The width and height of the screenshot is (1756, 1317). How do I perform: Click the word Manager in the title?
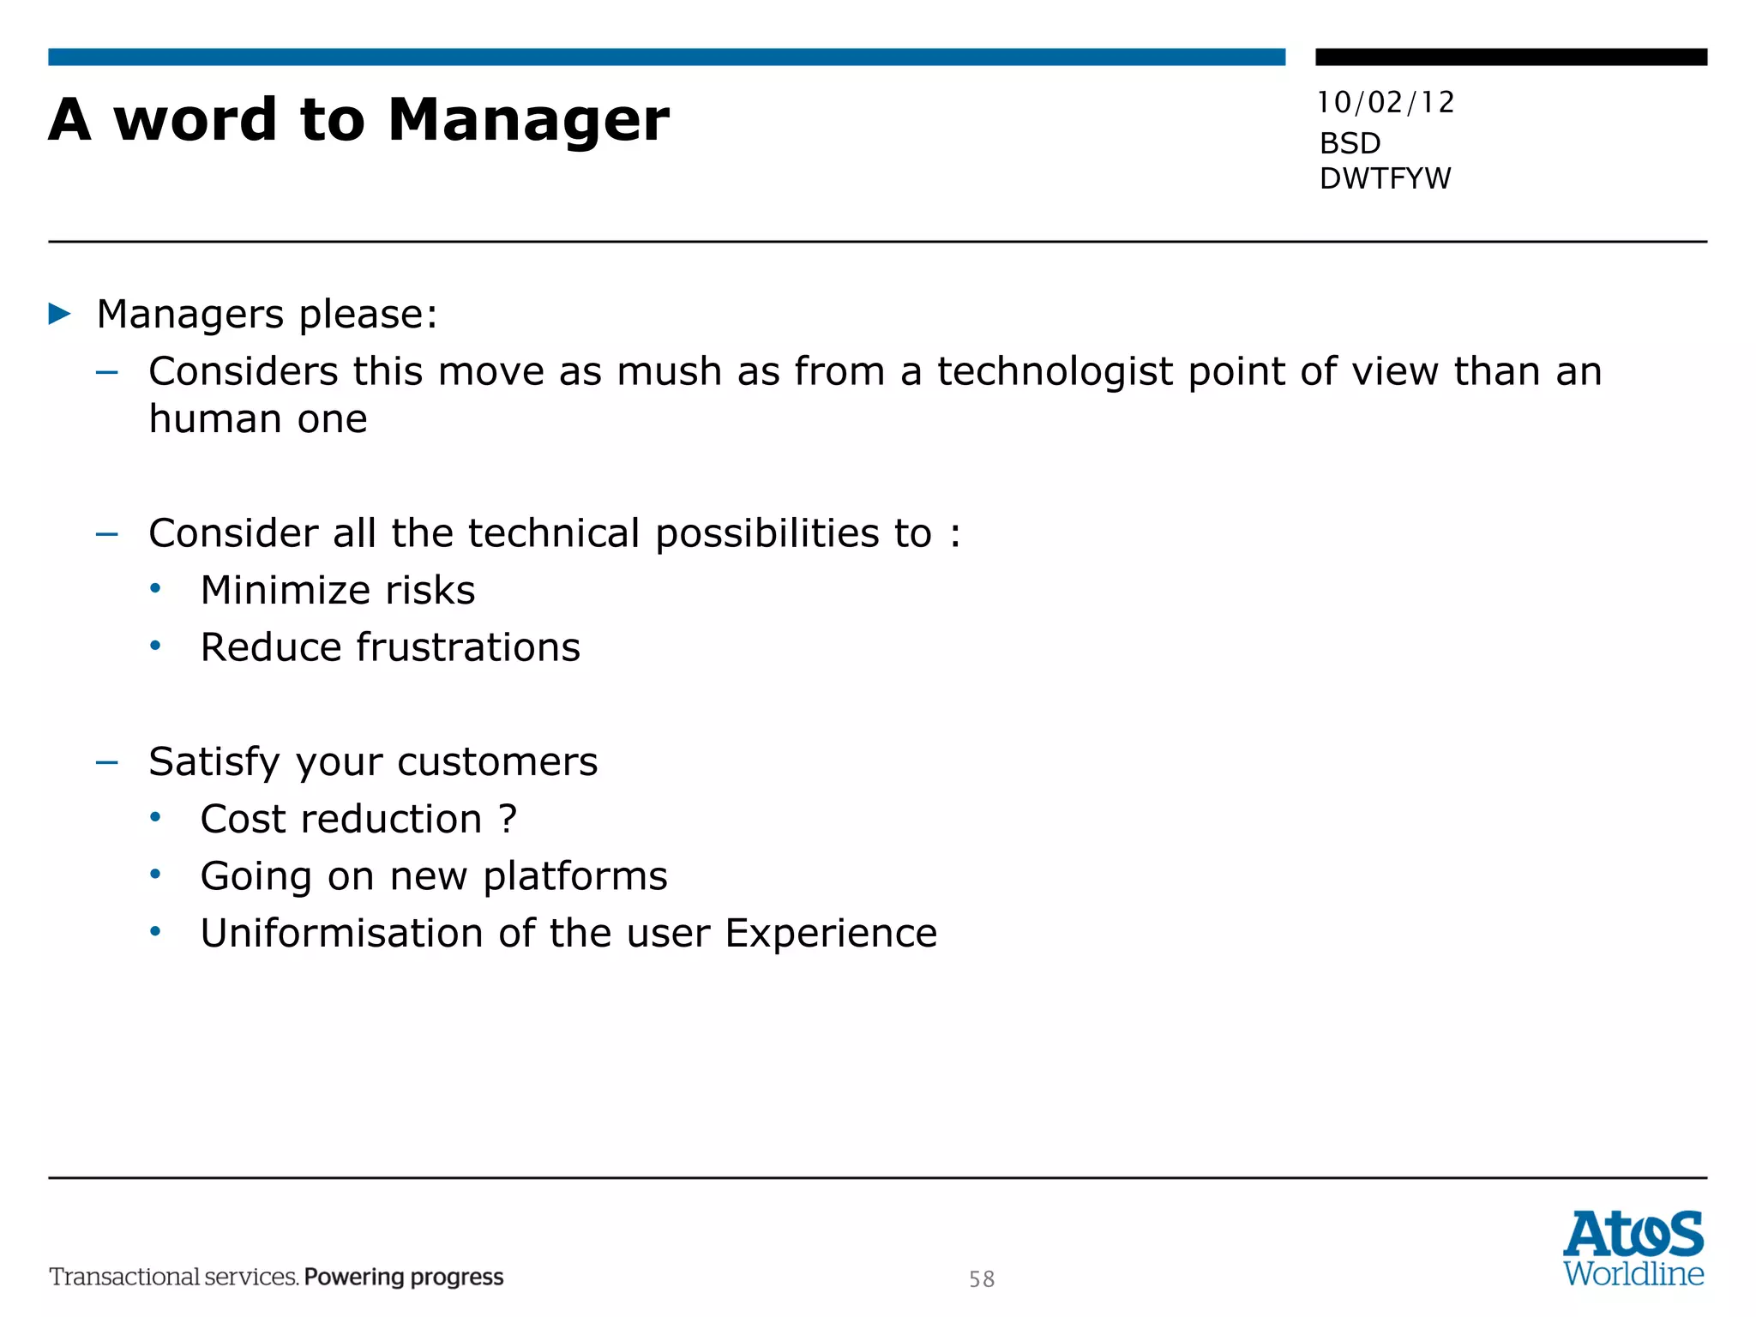point(528,120)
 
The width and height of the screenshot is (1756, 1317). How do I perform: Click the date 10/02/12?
point(1386,103)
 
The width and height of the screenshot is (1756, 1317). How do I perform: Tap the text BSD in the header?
point(1350,143)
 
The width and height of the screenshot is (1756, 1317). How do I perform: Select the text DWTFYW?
point(1385,178)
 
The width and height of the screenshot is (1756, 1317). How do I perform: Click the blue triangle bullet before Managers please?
point(60,314)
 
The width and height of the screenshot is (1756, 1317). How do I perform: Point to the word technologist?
point(1055,372)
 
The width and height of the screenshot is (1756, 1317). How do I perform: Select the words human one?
point(258,419)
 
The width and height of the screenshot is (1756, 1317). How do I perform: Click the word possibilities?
point(768,533)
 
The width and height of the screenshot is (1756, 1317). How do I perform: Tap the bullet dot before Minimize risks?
point(155,588)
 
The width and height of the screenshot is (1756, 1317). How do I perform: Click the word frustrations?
point(468,647)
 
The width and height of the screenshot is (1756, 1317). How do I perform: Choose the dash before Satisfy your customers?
point(107,761)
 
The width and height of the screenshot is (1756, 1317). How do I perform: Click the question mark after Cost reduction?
point(508,819)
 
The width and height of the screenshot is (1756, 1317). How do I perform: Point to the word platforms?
point(575,876)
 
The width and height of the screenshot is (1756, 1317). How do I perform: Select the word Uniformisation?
point(342,933)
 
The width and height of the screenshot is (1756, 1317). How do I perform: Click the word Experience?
point(831,933)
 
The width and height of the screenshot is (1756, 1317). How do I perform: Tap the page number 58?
point(982,1279)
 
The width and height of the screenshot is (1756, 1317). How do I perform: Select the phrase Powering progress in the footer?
point(404,1277)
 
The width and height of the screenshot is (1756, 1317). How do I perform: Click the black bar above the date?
point(1511,57)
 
